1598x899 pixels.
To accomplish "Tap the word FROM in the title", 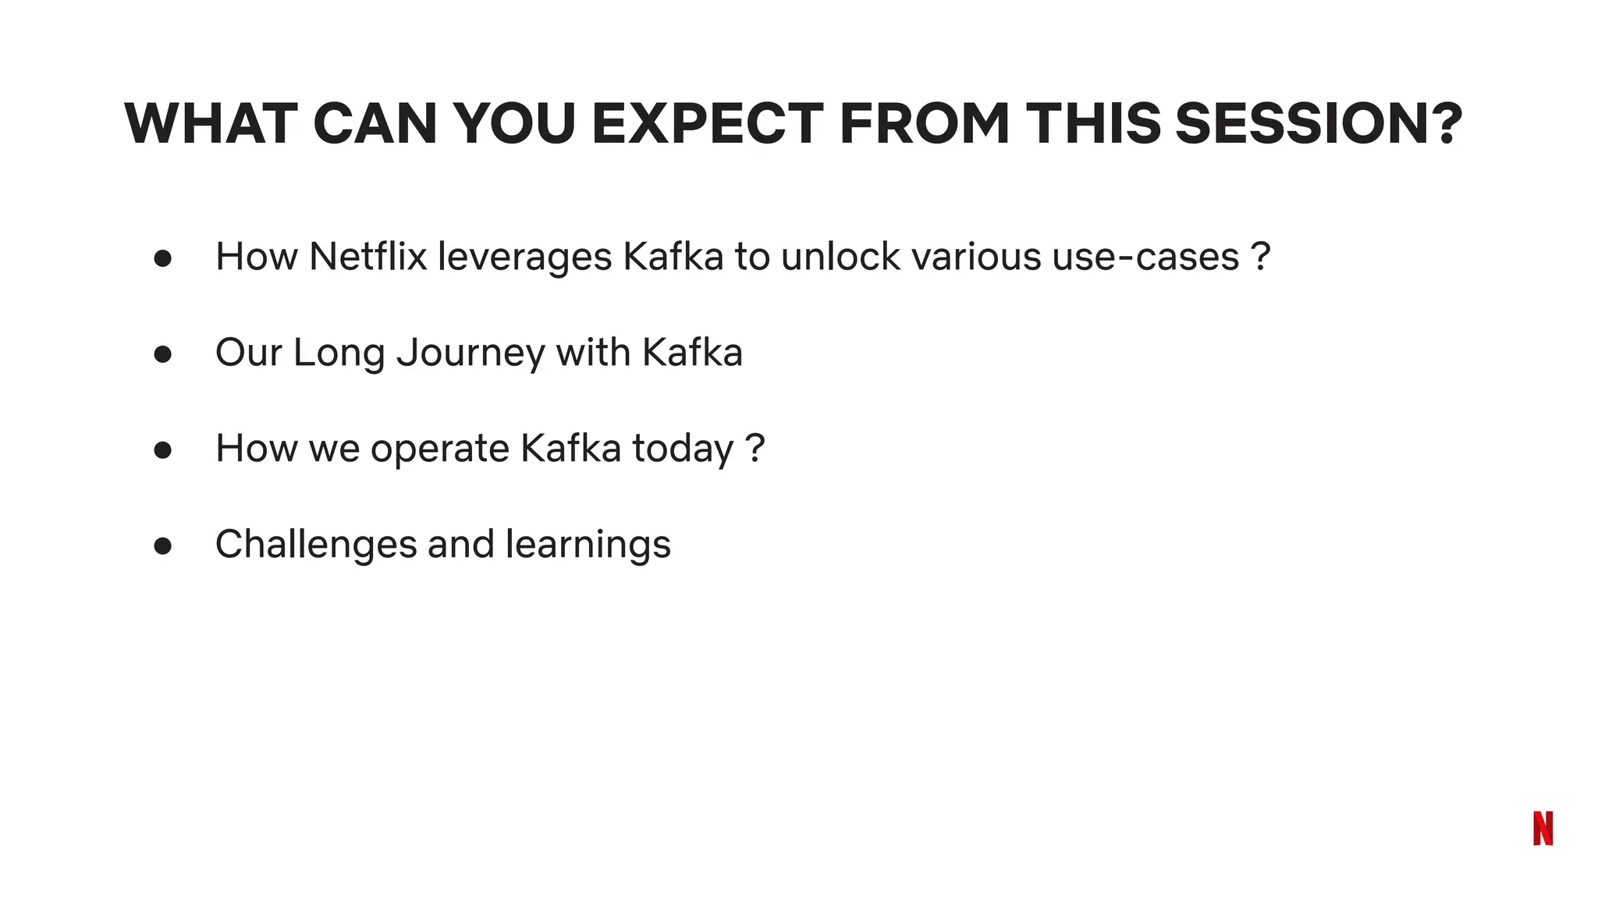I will click(925, 124).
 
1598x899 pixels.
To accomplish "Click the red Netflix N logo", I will click(1543, 828).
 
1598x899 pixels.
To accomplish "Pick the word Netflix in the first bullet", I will click(368, 257).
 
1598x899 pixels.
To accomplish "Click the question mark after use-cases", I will click(1261, 257).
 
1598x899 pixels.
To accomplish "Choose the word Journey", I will click(471, 354).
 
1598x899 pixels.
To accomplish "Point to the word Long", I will click(339, 354).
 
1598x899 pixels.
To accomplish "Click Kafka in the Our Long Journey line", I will click(692, 352).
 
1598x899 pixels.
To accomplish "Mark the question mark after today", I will click(755, 449).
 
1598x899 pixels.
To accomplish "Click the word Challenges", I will click(316, 545).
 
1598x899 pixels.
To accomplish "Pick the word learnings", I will click(588, 545).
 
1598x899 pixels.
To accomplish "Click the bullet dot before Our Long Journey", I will click(162, 354).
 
